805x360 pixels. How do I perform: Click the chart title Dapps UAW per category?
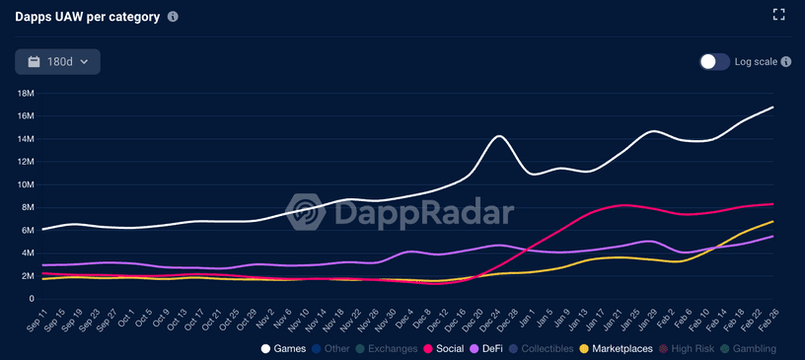point(87,18)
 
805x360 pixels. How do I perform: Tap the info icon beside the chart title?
point(174,18)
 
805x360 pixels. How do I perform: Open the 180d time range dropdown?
point(57,62)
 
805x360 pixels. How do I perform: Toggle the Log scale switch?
point(714,62)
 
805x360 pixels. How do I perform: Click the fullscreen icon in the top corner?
point(778,15)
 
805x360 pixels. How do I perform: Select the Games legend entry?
point(284,348)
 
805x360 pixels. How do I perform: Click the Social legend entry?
point(444,348)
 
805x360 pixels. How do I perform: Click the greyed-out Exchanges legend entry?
point(385,348)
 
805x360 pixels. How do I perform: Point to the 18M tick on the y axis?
point(27,93)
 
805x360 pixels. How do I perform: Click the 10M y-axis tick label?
point(27,184)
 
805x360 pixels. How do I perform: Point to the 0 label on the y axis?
point(33,299)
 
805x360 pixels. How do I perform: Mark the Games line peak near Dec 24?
point(499,136)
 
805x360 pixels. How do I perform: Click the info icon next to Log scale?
point(786,62)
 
